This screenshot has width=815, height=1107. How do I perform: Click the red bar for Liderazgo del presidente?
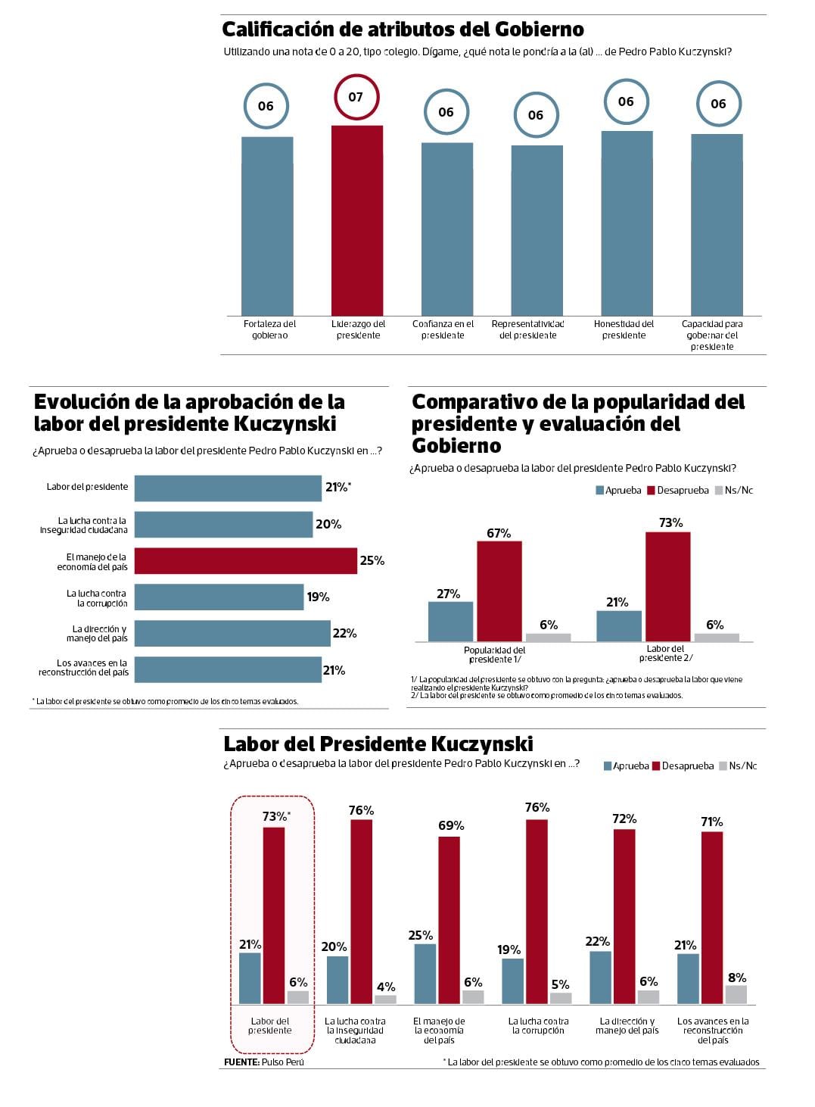pos(357,220)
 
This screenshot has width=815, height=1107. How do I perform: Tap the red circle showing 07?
pos(356,97)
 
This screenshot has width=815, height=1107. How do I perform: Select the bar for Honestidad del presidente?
pos(627,223)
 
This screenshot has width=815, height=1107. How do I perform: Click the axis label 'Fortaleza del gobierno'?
pos(269,329)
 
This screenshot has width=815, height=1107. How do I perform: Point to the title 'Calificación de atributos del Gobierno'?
pos(403,30)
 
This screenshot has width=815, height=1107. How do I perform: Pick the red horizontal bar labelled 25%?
pos(245,560)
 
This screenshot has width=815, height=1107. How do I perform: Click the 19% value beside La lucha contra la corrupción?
pos(318,597)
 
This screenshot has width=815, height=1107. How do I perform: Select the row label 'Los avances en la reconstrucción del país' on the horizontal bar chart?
pos(84,668)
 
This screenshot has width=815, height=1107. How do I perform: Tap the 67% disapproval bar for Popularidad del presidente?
pos(499,591)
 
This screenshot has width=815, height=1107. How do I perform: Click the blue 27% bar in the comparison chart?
pos(450,622)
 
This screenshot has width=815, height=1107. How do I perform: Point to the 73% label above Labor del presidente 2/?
pos(670,522)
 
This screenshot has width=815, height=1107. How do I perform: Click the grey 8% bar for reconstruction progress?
pos(736,994)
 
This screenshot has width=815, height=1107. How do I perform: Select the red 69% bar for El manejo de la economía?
pos(449,920)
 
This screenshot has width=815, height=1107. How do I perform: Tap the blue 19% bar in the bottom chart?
pos(512,981)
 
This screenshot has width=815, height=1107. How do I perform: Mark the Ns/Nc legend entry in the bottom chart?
pos(737,766)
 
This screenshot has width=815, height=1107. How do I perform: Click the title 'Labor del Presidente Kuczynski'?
pos(378,744)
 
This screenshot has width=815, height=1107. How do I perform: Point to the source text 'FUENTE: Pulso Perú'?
pos(263,1062)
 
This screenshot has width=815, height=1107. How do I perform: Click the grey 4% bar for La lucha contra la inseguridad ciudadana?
pos(385,999)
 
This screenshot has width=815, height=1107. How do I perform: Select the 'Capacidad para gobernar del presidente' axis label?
pos(712,335)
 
